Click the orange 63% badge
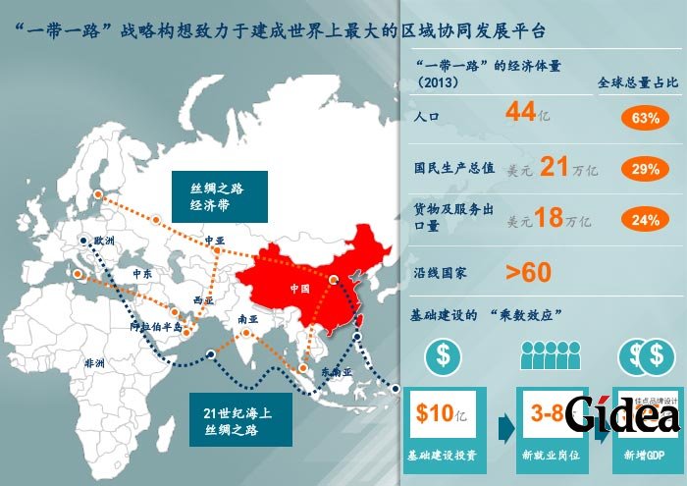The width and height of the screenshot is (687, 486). click(645, 118)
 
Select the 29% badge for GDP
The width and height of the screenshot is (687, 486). click(645, 169)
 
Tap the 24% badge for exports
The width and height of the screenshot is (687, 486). click(645, 220)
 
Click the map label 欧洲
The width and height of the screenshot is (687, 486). click(103, 240)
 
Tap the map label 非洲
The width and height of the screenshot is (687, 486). click(95, 362)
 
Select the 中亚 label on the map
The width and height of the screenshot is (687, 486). click(214, 241)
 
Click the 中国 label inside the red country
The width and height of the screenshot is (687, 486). click(300, 289)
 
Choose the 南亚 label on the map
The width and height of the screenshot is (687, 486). click(247, 319)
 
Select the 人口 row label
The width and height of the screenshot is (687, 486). click(428, 118)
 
